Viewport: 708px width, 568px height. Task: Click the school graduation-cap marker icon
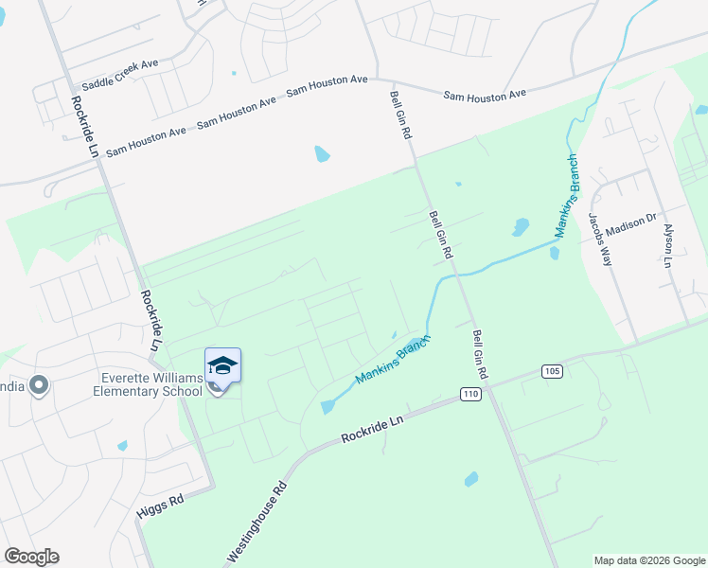point(222,365)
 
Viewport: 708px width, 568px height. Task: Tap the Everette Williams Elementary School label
point(151,385)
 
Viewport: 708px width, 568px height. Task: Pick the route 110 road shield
point(470,393)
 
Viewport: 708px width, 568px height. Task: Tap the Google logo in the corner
point(31,557)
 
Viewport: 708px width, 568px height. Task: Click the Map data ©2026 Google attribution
point(648,560)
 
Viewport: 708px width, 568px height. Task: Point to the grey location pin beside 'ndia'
point(39,384)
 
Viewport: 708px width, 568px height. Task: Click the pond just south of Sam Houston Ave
point(322,153)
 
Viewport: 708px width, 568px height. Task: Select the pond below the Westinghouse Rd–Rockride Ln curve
point(471,480)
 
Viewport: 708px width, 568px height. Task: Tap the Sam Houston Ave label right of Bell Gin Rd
point(485,95)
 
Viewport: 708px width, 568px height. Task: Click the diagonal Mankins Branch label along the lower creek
point(393,360)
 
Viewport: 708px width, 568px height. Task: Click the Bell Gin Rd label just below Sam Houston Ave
point(401,115)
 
